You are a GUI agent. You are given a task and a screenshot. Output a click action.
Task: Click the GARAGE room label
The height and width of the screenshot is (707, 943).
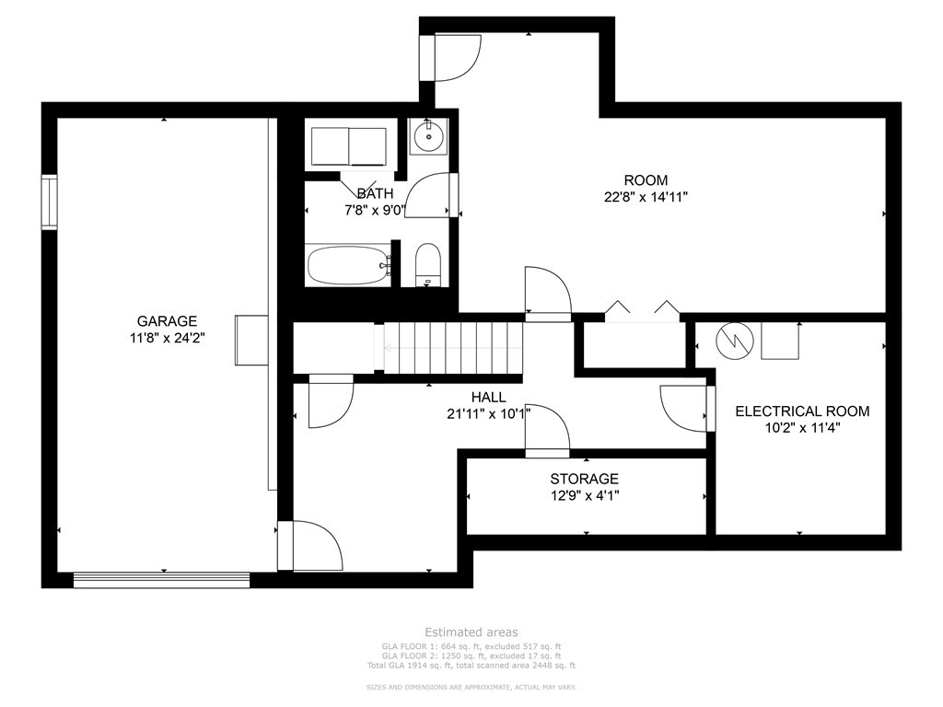tap(167, 321)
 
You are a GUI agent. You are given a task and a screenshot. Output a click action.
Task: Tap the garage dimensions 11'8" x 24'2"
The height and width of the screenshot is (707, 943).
tap(167, 337)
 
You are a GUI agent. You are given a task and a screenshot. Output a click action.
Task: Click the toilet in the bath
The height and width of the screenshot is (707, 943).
tap(427, 265)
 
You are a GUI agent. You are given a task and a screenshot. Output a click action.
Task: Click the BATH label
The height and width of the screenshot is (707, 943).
tap(375, 193)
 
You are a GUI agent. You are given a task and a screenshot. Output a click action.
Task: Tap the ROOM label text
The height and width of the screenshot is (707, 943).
tap(646, 180)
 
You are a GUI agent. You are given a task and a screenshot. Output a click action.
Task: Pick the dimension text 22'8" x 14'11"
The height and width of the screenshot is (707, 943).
tap(646, 196)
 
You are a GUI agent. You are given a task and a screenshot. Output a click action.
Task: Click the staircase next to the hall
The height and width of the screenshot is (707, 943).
tap(451, 348)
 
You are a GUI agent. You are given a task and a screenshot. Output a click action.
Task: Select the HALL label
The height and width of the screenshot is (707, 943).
tap(488, 397)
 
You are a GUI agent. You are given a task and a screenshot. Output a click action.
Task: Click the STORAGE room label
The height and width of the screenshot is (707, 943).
tap(584, 479)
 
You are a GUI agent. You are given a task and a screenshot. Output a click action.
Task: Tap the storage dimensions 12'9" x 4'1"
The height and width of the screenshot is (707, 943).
tap(584, 495)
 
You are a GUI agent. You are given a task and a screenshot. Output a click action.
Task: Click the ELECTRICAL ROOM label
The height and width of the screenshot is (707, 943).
tap(801, 411)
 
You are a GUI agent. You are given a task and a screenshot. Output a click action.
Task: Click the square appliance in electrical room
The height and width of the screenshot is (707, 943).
tap(781, 342)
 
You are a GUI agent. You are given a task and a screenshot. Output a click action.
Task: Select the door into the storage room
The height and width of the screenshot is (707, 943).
tap(547, 431)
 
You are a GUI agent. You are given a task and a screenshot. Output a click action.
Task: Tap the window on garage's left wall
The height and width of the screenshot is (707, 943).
tap(49, 201)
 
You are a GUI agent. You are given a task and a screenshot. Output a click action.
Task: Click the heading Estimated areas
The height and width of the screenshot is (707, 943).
tap(471, 632)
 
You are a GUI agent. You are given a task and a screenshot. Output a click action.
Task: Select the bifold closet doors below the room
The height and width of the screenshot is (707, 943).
tap(642, 309)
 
